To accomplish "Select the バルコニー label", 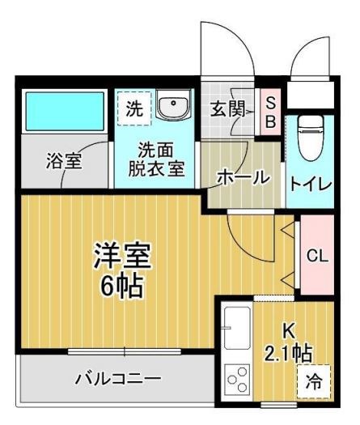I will coord(118,377).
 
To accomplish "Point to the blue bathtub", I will coord(64,113).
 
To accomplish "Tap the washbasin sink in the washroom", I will coord(172,107).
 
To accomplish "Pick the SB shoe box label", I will coord(271,111).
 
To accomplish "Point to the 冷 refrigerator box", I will coord(312,384).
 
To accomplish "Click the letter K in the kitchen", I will coord(287,330).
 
